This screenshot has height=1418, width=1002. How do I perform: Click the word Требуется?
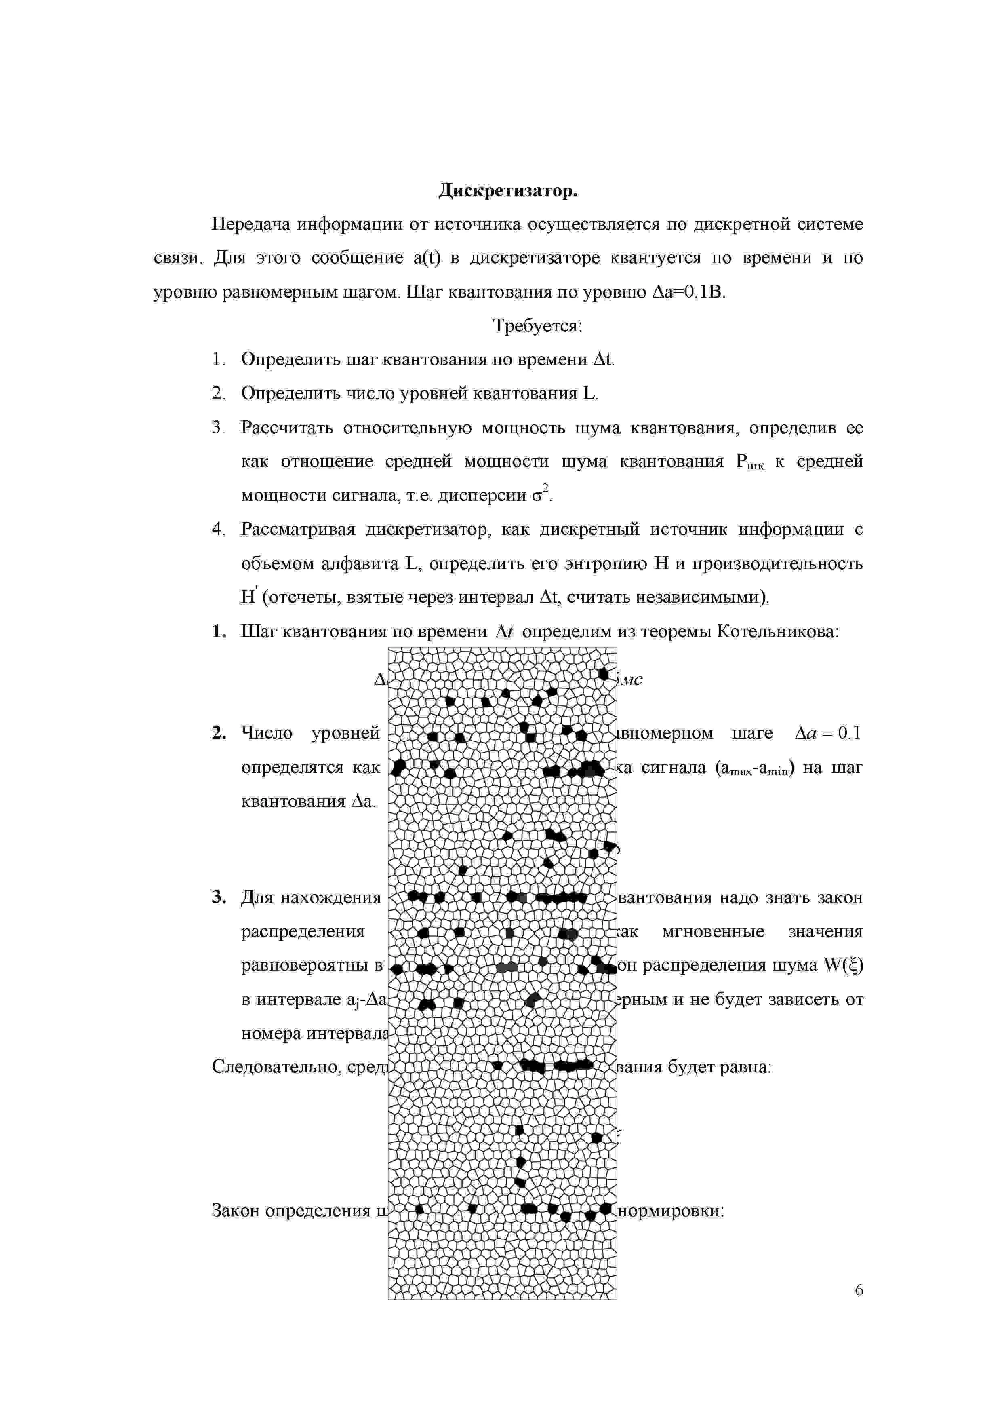tap(537, 325)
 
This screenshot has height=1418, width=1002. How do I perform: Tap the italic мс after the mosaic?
tap(632, 679)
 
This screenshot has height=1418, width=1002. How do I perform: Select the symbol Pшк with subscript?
tap(750, 462)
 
